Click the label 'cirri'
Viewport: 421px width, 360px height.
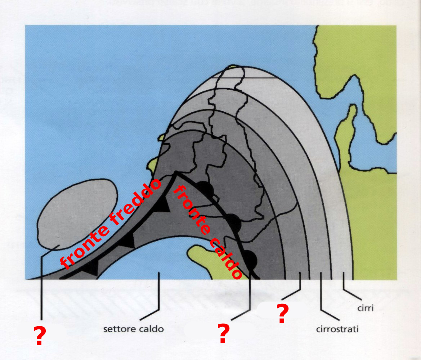[365, 308]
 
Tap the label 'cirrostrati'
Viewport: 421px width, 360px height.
[337, 329]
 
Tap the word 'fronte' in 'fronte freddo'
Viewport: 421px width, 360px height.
[84, 248]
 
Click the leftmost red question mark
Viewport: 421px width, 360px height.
[40, 336]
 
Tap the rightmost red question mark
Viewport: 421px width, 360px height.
[282, 313]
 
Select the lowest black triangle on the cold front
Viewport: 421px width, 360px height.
[91, 267]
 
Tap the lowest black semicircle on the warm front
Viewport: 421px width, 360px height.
[251, 260]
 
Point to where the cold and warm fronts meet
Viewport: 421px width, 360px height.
[176, 172]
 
